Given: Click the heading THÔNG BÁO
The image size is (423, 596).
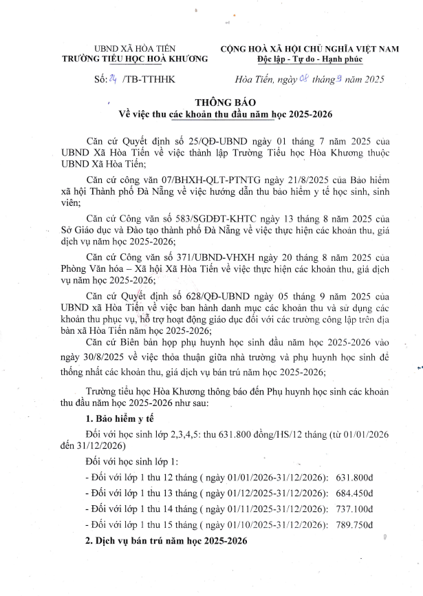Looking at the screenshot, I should coord(211,103).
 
